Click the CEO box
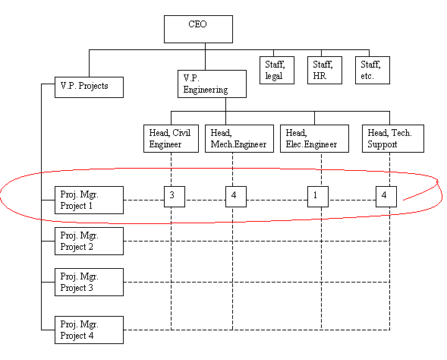[198, 29]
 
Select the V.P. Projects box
[90, 87]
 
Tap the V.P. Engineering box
[212, 84]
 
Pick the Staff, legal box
[277, 70]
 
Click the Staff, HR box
[325, 70]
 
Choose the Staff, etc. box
[373, 70]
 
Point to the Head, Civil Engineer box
[171, 138]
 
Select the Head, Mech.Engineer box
[240, 138]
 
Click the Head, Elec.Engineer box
[314, 138]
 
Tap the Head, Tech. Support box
[393, 138]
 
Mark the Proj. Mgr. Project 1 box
[90, 200]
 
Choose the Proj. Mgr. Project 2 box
[90, 241]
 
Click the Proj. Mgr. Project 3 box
[90, 282]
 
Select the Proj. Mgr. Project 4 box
[90, 330]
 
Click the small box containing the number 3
[175, 197]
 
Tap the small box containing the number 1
[318, 197]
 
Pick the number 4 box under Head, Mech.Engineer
[236, 197]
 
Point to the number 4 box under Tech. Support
[386, 197]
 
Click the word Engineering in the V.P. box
[206, 90]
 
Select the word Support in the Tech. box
[382, 144]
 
